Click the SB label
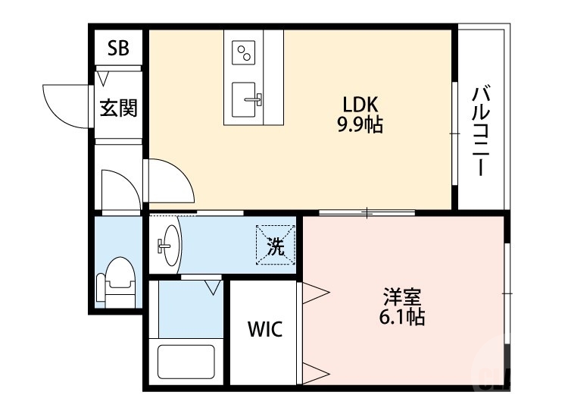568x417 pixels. point(118,49)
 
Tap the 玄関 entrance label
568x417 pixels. point(119,108)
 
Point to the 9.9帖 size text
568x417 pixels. point(360,124)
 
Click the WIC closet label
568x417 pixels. point(265,330)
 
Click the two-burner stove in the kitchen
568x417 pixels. point(245,52)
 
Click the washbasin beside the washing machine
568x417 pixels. point(169,246)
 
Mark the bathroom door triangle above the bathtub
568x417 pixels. point(212,287)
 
